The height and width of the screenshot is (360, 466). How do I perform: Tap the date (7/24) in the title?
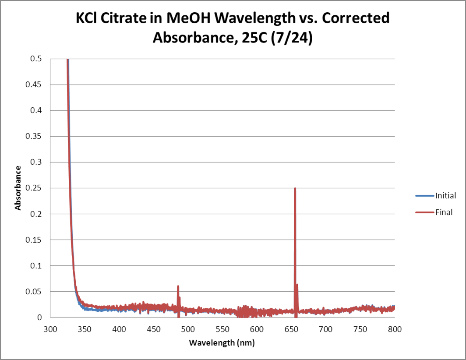click(291, 38)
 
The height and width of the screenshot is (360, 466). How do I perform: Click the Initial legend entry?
click(445, 195)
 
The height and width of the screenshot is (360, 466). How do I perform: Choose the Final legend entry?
click(444, 212)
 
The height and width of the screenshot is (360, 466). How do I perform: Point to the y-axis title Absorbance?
click(18, 187)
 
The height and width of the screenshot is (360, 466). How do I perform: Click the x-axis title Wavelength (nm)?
click(222, 342)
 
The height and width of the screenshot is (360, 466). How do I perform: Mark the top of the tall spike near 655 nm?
click(295, 189)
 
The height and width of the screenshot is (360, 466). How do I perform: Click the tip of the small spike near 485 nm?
click(178, 286)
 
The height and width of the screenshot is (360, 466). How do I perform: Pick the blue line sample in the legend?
click(424, 195)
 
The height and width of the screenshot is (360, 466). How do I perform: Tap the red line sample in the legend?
click(424, 212)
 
